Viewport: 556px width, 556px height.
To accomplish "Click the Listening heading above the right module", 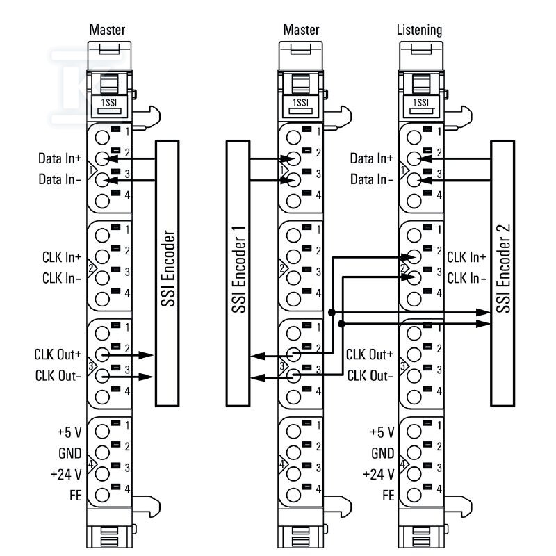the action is (x=420, y=30).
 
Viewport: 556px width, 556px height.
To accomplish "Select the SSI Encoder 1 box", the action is (x=238, y=273).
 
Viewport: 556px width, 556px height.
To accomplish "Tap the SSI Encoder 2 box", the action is (x=502, y=273).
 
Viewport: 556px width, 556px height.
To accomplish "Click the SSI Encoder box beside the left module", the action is (x=167, y=273).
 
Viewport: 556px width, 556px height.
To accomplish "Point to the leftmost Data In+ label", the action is (x=60, y=158).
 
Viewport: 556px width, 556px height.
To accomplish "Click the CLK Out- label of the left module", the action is (x=58, y=375).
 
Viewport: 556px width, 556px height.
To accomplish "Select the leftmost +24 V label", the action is (x=66, y=474).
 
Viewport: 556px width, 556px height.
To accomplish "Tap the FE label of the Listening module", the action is (x=389, y=496).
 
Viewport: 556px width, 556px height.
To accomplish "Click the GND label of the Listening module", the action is (x=383, y=453).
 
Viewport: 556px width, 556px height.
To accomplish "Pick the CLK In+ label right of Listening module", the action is (x=466, y=257).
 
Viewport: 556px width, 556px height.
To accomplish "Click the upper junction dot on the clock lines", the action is (x=332, y=312).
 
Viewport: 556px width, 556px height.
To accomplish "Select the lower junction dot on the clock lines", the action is (x=342, y=324).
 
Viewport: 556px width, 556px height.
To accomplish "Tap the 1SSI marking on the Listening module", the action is (x=421, y=103).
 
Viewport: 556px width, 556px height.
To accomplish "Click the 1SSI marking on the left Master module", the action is (x=109, y=103).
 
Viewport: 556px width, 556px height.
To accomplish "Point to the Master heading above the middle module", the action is (x=302, y=30).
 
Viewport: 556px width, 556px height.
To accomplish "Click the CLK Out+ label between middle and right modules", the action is (x=370, y=354).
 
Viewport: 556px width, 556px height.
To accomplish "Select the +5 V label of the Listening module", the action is (x=382, y=432).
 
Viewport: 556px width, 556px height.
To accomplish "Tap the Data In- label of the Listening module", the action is (x=372, y=179).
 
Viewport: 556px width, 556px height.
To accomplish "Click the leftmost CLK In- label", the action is (x=62, y=279).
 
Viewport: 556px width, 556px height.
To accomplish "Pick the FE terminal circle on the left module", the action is (x=102, y=495).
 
